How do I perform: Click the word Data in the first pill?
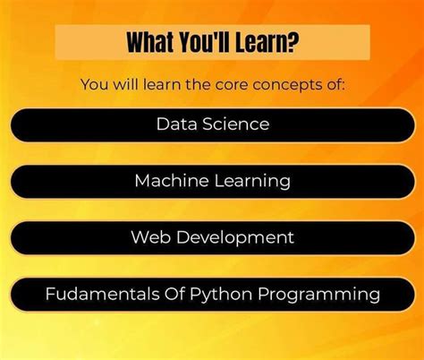pyautogui.click(x=174, y=124)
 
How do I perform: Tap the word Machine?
pyautogui.click(x=170, y=180)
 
